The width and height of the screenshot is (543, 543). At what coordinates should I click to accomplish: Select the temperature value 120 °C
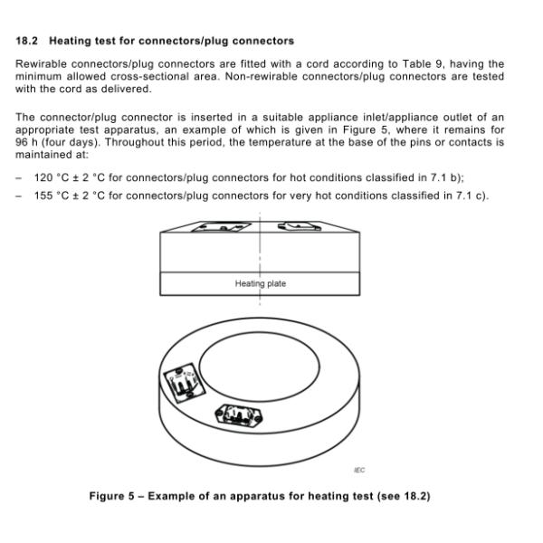point(46,178)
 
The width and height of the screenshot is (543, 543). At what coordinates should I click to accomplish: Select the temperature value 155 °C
point(46,194)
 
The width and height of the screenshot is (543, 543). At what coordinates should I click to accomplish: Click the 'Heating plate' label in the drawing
point(261,283)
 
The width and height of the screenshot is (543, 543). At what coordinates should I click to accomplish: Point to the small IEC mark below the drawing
point(359,470)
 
